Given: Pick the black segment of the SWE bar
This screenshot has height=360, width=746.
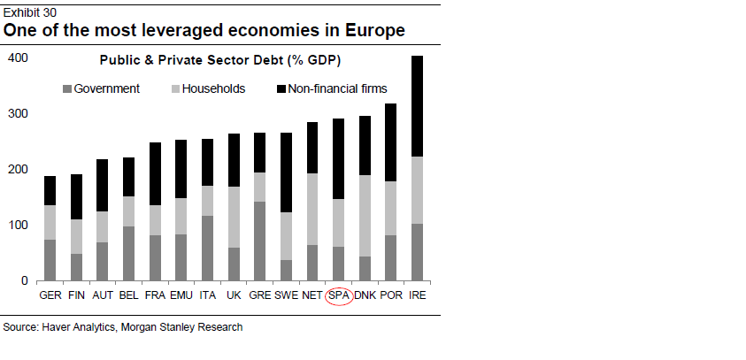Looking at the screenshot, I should click(x=286, y=172).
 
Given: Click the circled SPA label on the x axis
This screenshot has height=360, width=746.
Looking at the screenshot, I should click(x=339, y=295).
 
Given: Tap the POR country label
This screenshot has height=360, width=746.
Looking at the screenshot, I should click(x=391, y=295).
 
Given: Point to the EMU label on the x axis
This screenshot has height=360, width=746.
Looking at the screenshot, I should click(x=181, y=295).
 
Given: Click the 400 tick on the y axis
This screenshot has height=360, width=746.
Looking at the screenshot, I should click(x=19, y=58).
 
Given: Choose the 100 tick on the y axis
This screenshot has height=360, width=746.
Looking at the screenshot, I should click(x=19, y=226).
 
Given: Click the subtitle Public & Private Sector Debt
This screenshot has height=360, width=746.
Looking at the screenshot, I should click(x=219, y=61).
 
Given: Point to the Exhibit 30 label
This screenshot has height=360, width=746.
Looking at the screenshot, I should click(x=27, y=8).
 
